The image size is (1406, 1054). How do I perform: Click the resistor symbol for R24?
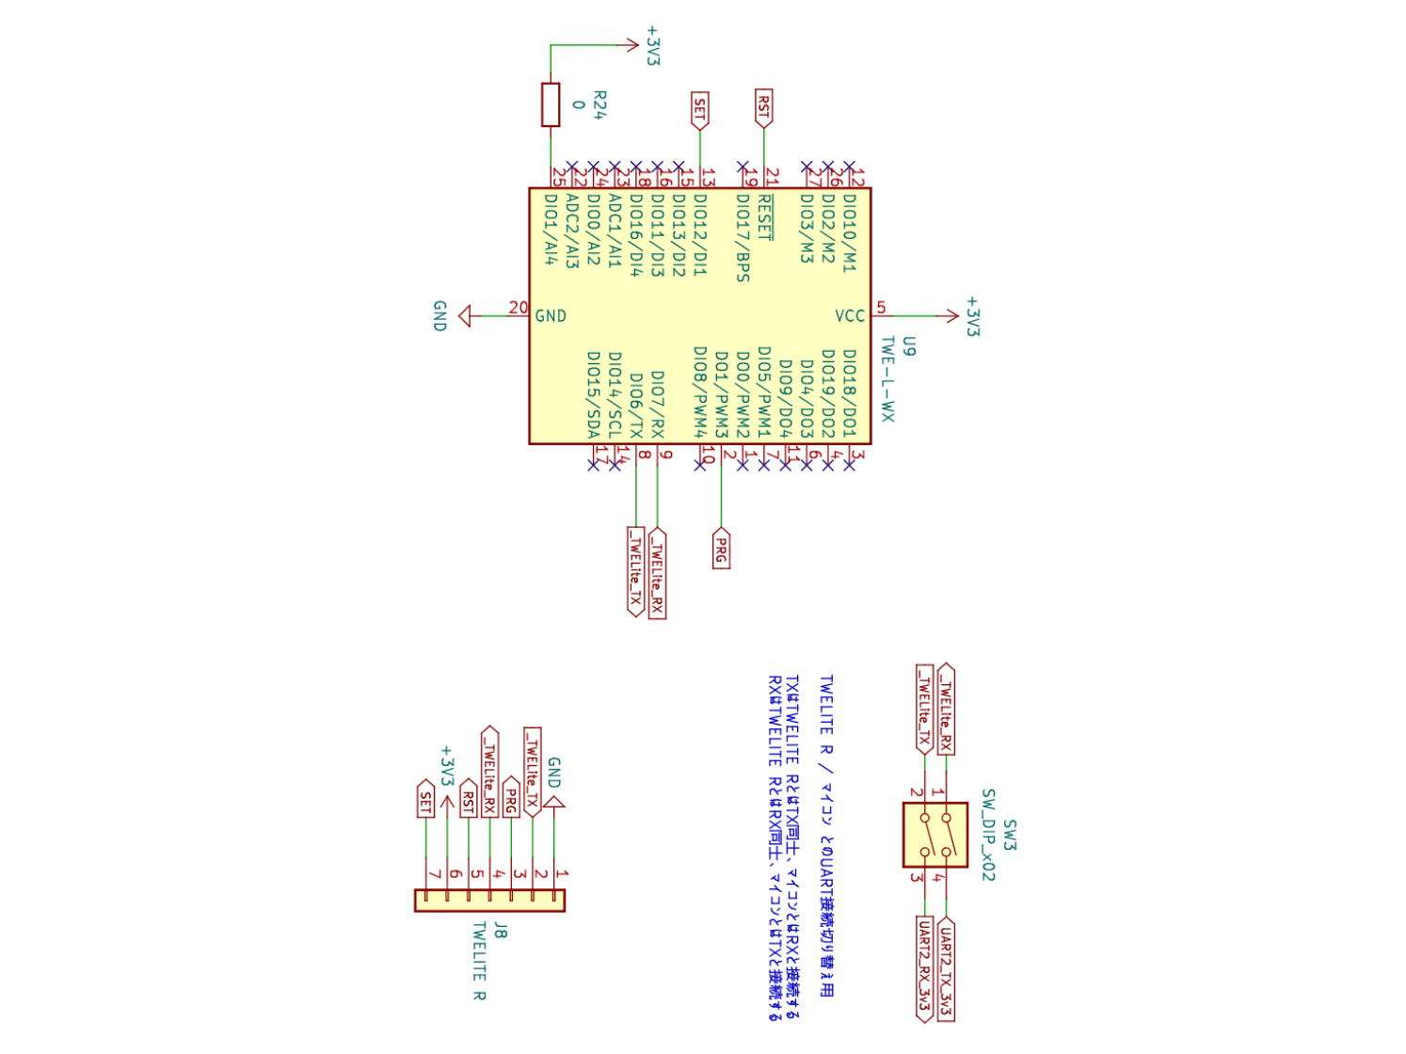pyautogui.click(x=551, y=104)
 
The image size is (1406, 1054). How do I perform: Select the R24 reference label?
pyautogui.click(x=599, y=104)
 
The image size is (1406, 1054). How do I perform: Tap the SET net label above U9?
pyautogui.click(x=699, y=111)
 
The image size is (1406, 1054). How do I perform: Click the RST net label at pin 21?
pyautogui.click(x=763, y=108)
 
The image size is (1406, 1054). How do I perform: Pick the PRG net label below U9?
pyautogui.click(x=721, y=550)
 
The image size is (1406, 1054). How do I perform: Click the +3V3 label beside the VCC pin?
pyautogui.click(x=972, y=316)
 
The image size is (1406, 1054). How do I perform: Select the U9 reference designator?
pyautogui.click(x=908, y=346)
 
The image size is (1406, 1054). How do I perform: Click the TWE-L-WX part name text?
pyautogui.click(x=887, y=379)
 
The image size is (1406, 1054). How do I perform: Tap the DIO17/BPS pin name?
pyautogui.click(x=743, y=238)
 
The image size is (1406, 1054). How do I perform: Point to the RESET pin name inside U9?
pyautogui.click(x=764, y=217)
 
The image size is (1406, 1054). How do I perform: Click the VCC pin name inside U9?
pyautogui.click(x=850, y=316)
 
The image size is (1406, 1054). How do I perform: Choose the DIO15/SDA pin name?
pyautogui.click(x=593, y=394)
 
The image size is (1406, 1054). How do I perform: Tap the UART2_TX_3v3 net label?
pyautogui.click(x=946, y=968)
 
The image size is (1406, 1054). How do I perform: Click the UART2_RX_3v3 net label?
pyautogui.click(x=924, y=968)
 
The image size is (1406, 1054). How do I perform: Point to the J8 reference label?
pyautogui.click(x=501, y=931)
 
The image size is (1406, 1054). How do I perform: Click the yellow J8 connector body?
pyautogui.click(x=489, y=901)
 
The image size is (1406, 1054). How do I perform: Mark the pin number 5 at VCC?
pyautogui.click(x=881, y=307)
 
